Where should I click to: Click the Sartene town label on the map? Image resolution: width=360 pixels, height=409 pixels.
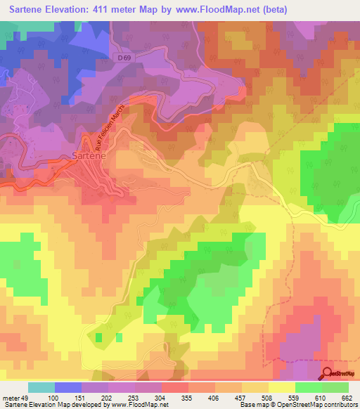click(x=89, y=157)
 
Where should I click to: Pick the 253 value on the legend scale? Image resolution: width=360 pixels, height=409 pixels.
click(x=134, y=397)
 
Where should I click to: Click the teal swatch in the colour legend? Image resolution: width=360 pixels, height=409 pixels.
click(x=41, y=387)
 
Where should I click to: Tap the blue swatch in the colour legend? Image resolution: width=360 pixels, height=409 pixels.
click(x=68, y=387)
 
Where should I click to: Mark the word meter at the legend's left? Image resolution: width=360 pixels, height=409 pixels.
click(x=11, y=397)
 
